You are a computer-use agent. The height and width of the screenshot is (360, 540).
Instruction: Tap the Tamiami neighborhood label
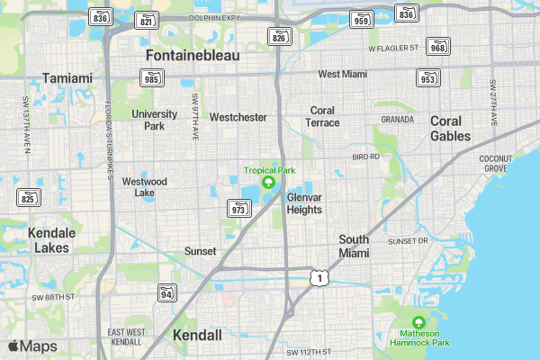[67, 78]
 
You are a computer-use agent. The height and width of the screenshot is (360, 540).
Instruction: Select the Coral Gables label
[450, 129]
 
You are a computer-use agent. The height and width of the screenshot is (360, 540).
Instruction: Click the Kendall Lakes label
[51, 239]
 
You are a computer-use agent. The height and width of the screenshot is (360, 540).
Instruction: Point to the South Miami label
[354, 246]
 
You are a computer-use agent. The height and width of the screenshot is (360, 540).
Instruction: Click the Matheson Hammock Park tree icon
[418, 323]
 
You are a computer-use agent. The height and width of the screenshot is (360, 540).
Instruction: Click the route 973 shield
[239, 209]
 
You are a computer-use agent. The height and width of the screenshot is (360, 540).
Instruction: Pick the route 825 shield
[30, 198]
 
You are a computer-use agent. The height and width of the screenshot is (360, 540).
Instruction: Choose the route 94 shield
[166, 293]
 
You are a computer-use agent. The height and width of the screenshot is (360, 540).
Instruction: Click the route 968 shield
[438, 47]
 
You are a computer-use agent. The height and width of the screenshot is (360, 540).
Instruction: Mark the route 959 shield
[362, 20]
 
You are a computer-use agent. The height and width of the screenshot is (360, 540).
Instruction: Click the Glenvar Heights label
[304, 203]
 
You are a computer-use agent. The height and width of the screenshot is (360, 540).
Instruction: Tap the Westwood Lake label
[145, 186]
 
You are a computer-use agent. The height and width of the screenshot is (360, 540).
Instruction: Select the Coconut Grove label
[496, 163]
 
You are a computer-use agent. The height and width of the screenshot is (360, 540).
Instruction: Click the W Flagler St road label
[394, 47]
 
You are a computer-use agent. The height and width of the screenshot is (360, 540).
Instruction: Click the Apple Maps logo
[31, 346]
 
